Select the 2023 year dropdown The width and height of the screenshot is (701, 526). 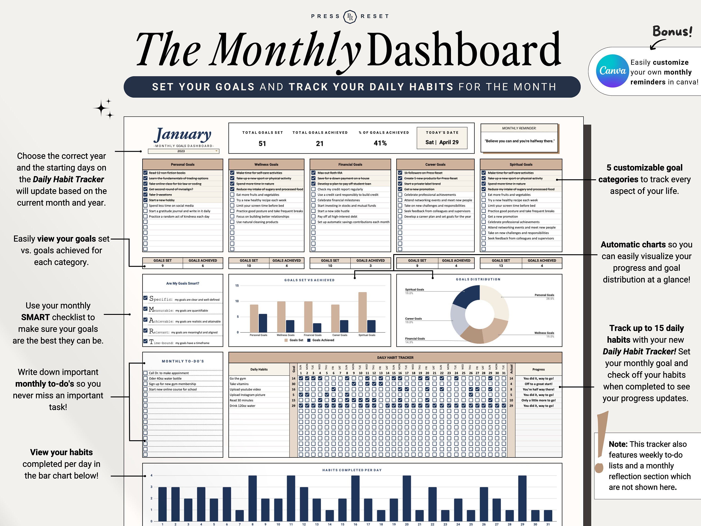tap(183, 151)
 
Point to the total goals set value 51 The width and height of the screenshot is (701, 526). tap(262, 144)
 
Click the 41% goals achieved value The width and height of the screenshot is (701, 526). tap(380, 143)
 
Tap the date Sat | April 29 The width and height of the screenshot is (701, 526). tap(442, 142)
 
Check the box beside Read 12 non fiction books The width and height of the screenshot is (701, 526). tap(146, 173)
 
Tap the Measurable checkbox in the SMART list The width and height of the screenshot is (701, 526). tap(146, 309)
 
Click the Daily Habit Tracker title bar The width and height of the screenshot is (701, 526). tap(395, 358)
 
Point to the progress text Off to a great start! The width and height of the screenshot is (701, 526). tap(538, 384)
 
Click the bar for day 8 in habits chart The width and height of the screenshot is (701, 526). tap(252, 498)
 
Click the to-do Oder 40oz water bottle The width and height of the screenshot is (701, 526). tap(165, 378)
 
